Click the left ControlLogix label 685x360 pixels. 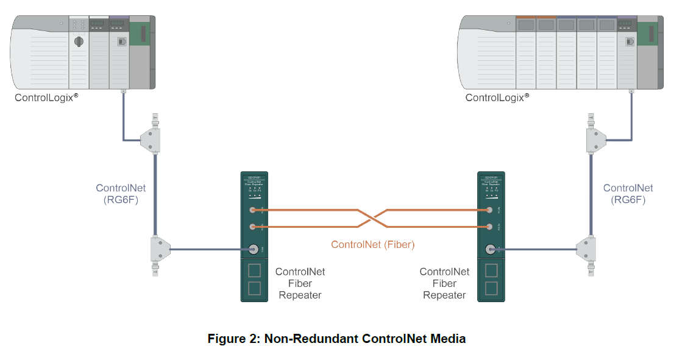[46, 97]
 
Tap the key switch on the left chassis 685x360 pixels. [78, 41]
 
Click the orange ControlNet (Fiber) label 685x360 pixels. [372, 245]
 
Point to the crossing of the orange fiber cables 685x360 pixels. [372, 218]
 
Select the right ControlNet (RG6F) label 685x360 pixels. [628, 194]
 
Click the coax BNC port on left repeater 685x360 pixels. [252, 249]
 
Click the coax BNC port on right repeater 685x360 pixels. [489, 249]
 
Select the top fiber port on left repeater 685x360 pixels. [252, 210]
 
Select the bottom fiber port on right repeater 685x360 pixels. [489, 227]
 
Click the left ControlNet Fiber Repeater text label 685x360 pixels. [300, 283]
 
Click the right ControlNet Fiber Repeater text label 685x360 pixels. [444, 283]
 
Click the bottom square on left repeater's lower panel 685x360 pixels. [255, 288]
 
